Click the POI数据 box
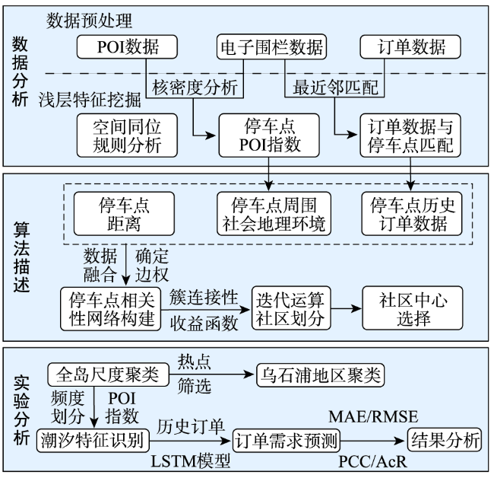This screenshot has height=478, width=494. coord(127,46)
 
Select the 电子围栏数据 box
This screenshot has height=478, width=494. coord(271,46)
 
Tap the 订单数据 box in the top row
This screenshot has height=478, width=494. coord(410,46)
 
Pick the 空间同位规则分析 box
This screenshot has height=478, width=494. coord(127,135)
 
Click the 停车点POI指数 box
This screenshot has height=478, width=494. coord(269,135)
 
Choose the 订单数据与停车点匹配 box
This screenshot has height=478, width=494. coord(410,135)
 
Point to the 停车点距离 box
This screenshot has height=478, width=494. coord(124,214)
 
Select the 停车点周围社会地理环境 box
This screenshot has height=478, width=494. coord(274,214)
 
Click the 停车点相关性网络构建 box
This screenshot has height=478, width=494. coord(111,309)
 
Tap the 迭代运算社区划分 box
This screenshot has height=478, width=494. coord(291,308)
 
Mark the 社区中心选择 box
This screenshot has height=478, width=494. coord(413,308)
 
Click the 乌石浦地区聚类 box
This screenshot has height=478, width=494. coord(321,375)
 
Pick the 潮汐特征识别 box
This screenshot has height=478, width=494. coord(93,440)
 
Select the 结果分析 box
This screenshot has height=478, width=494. coord(445,439)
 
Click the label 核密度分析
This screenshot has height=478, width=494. coord(195,88)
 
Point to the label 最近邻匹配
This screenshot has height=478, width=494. coord(335,88)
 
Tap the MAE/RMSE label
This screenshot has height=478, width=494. coord(373,416)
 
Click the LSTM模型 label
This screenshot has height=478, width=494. coord(191,461)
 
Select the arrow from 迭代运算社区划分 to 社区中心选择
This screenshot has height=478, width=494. coord(346,308)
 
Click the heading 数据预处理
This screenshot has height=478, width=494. coord(89,21)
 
